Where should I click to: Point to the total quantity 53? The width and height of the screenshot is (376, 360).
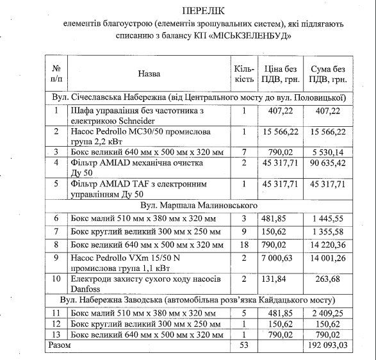pyautogui.click(x=244, y=345)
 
